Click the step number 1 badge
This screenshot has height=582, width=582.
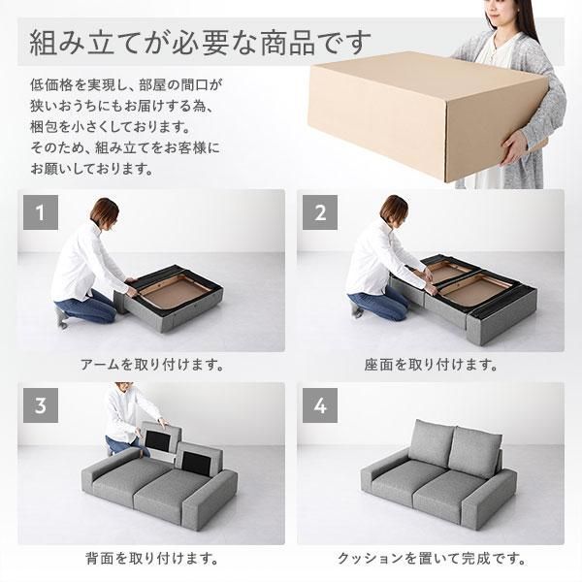39,211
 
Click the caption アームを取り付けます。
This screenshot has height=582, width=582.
150,366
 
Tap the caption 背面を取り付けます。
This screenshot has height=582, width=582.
150,559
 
